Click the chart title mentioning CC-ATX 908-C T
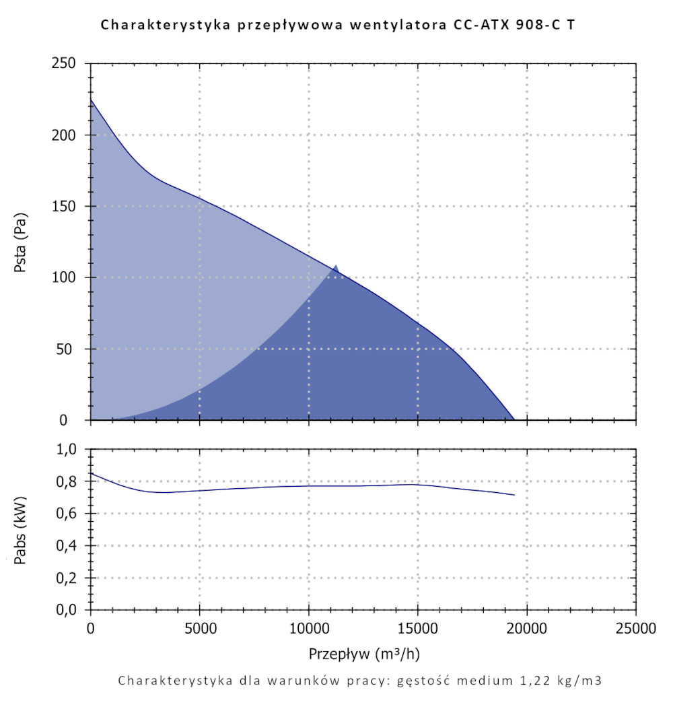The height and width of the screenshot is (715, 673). [x=337, y=26]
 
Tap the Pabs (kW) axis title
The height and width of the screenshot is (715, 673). [x=20, y=529]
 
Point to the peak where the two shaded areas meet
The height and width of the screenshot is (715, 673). [x=336, y=267]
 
